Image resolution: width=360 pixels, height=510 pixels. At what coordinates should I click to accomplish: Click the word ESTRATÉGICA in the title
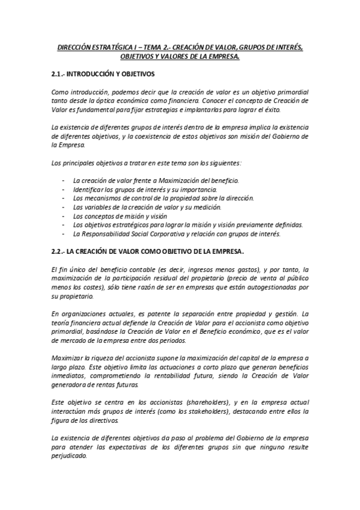113,46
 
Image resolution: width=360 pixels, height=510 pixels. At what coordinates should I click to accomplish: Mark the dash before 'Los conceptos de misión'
64,215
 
